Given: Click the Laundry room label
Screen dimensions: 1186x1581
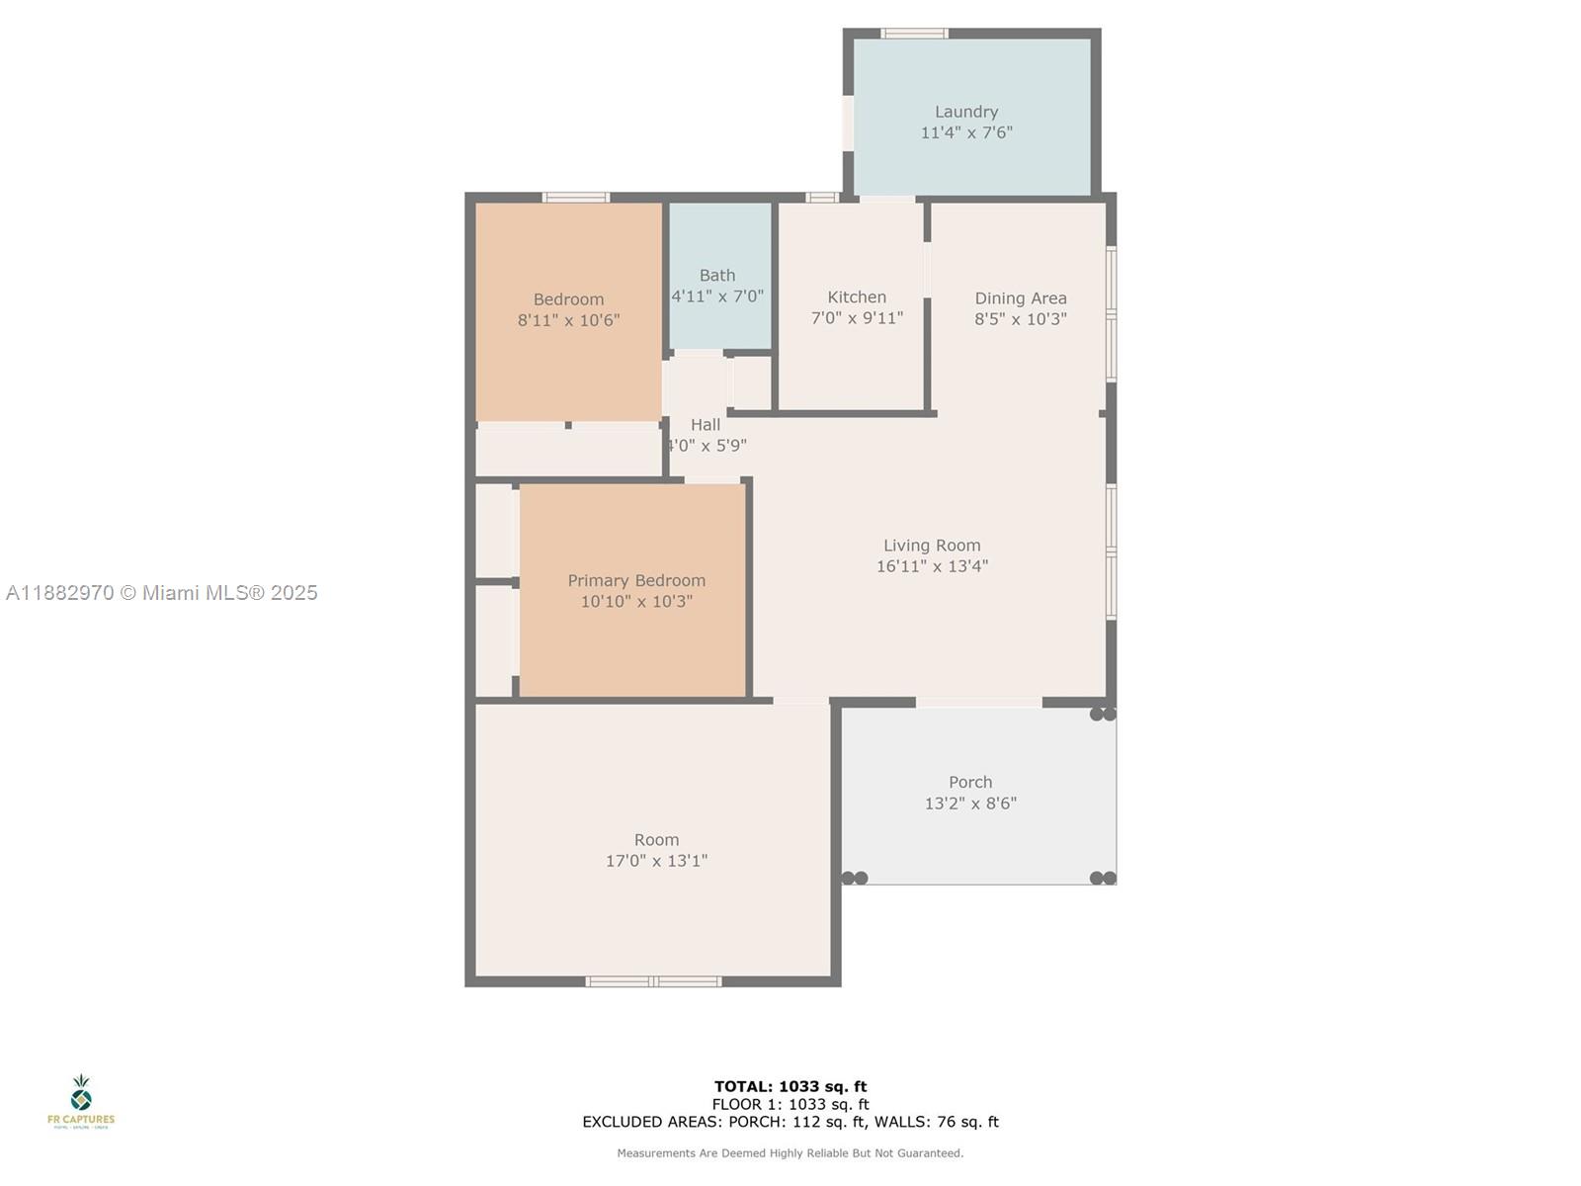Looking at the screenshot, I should [x=966, y=112].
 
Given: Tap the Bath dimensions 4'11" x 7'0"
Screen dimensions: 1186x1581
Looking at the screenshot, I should [x=717, y=296].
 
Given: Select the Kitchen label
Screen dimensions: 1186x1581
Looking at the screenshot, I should [x=857, y=296].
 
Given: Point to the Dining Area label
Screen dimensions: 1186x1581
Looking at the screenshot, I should [x=1021, y=297].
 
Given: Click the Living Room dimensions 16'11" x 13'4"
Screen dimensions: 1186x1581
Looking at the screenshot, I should [x=932, y=566].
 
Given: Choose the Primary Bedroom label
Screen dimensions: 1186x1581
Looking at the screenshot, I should [x=636, y=580].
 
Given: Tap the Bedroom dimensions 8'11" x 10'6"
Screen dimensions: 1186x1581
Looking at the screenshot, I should [x=568, y=320].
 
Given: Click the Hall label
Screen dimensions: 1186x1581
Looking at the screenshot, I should [x=706, y=424].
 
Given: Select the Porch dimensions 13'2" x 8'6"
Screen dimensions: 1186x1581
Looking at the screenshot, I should [x=970, y=804].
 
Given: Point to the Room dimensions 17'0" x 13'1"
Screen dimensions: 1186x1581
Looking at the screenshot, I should [x=656, y=861].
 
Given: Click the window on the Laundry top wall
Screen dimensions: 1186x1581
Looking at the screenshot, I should [x=914, y=34].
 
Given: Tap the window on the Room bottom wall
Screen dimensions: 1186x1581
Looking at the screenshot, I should [x=653, y=981].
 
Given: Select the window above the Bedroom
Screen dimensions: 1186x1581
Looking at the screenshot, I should [x=576, y=198].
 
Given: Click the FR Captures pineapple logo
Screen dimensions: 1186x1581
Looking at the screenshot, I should [x=81, y=1094].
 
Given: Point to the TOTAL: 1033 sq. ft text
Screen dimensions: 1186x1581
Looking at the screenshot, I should [x=790, y=1086].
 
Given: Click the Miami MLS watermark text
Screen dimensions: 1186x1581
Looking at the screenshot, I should [x=162, y=593].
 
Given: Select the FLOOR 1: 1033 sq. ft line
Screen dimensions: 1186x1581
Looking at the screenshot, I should [x=790, y=1104].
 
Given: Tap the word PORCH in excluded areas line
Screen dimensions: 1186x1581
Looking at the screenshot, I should [x=754, y=1122].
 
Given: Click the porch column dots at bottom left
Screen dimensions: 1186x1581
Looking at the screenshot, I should [x=855, y=878].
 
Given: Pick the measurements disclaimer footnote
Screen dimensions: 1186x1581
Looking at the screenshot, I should [x=790, y=1153].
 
